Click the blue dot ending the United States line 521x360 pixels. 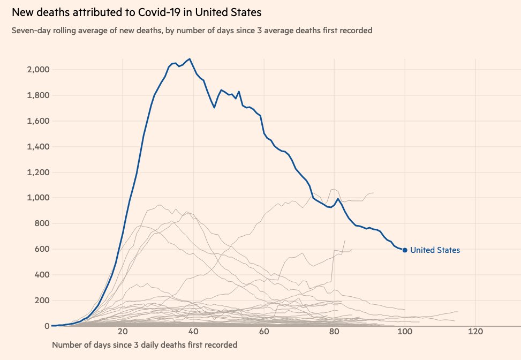(405, 250)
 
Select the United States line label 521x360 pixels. (435, 250)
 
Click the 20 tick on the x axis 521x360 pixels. (123, 332)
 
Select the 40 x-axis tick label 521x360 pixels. (193, 332)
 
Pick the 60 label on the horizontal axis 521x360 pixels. (264, 332)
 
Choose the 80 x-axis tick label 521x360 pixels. (335, 332)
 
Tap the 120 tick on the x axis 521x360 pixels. (475, 332)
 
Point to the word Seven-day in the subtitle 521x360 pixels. (29, 31)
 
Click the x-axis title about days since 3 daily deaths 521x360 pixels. (144, 344)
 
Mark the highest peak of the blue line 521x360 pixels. (190, 59)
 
